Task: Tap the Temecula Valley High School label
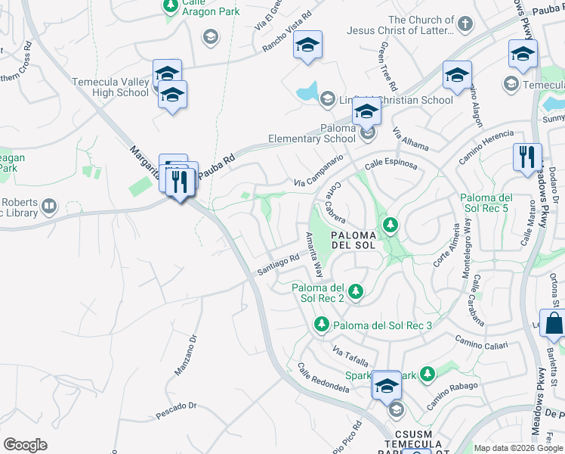(110, 88)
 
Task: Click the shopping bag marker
(552, 323)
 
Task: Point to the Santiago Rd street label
(279, 265)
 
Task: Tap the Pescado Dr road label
(176, 410)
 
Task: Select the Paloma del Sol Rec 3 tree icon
(321, 325)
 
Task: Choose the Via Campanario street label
(319, 172)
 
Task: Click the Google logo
(25, 445)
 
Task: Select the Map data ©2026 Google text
(518, 448)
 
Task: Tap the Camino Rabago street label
(452, 396)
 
